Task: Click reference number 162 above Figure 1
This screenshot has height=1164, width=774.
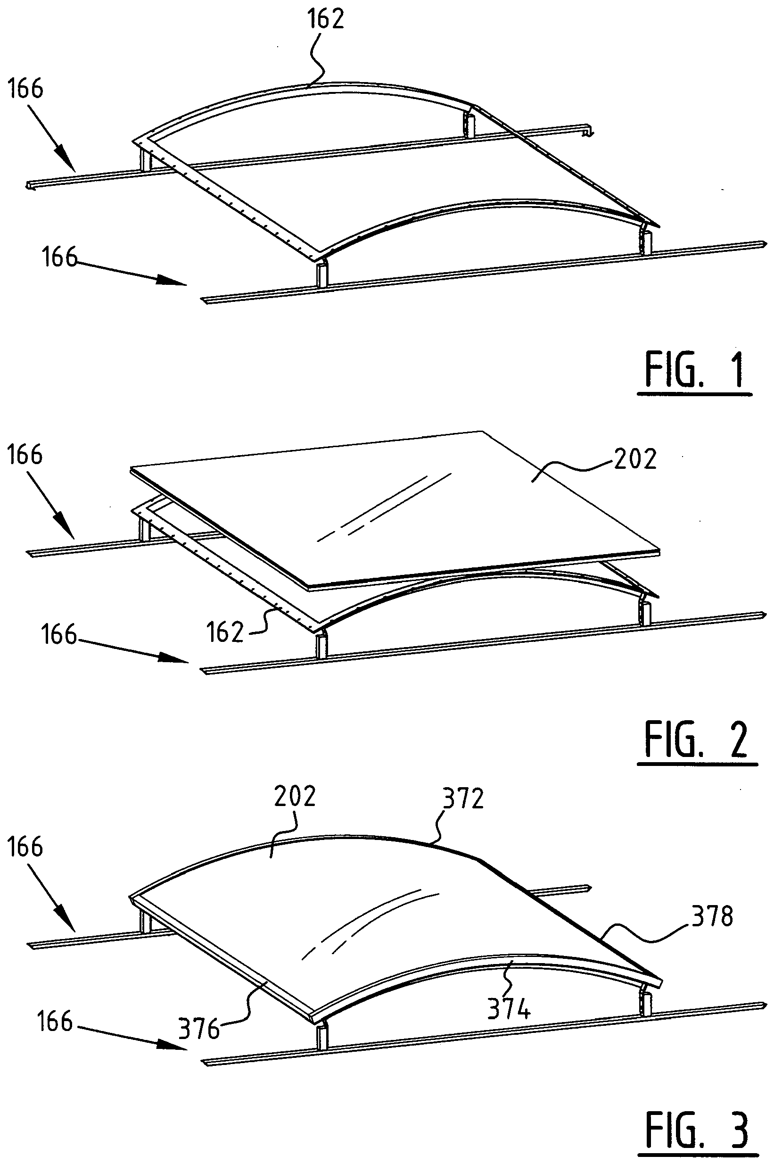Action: [325, 19]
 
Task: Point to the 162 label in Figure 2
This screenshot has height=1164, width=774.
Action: [225, 632]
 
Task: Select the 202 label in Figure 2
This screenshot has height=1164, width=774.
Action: [635, 458]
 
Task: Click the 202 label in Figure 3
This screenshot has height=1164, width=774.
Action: [295, 796]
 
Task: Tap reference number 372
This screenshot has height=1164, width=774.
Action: [463, 798]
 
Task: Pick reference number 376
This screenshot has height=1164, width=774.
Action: [199, 1029]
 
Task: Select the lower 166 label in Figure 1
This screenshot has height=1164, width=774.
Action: [59, 258]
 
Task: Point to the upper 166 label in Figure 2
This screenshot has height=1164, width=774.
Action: [25, 455]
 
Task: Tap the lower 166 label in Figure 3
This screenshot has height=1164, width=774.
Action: [55, 1021]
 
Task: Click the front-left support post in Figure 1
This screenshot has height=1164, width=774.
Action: [322, 274]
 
